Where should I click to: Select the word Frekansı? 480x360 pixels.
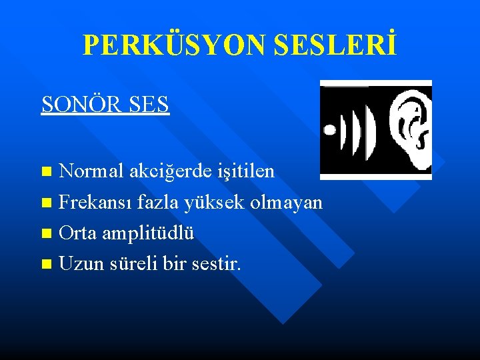pyautogui.click(x=91, y=202)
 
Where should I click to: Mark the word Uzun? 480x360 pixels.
pyautogui.click(x=79, y=264)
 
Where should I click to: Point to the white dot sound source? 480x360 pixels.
pyautogui.click(x=329, y=130)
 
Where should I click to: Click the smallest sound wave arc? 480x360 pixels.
pyautogui.click(x=343, y=129)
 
